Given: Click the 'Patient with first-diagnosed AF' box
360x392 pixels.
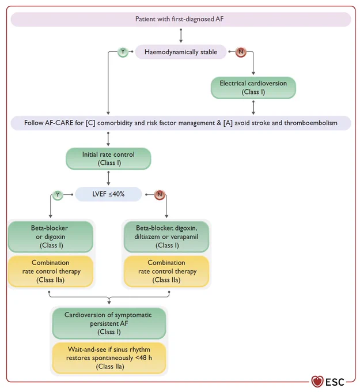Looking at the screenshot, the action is pyautogui.click(x=181, y=19).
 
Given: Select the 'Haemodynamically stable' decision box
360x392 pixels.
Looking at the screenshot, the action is pyautogui.click(x=181, y=52).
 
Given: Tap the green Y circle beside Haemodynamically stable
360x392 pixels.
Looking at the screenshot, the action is pyautogui.click(x=123, y=52).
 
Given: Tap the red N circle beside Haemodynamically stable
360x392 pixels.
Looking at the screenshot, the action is pyautogui.click(x=241, y=52).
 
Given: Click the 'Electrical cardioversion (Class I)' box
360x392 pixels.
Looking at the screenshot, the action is pyautogui.click(x=253, y=88).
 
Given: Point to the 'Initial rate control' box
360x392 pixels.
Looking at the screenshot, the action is pyautogui.click(x=108, y=159).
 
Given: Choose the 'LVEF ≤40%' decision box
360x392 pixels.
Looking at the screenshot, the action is pyautogui.click(x=108, y=194).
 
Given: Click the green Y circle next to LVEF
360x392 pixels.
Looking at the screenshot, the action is pyautogui.click(x=58, y=195).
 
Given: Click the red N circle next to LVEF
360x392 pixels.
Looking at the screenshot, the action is pyautogui.click(x=160, y=194).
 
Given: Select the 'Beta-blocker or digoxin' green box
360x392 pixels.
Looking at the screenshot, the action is pyautogui.click(x=51, y=236).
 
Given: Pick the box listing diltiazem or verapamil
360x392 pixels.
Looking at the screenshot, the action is pyautogui.click(x=166, y=236).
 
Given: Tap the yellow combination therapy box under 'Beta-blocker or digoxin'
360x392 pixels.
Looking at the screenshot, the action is pyautogui.click(x=51, y=272).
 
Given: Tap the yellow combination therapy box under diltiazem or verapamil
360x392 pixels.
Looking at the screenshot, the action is pyautogui.click(x=166, y=272).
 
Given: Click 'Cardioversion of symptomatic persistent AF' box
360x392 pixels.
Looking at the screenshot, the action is pyautogui.click(x=109, y=323).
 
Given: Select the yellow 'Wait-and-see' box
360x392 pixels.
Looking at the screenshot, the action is pyautogui.click(x=109, y=358).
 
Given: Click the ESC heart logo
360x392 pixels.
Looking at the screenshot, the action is pyautogui.click(x=317, y=382).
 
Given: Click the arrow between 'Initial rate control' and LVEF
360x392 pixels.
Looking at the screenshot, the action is pyautogui.click(x=108, y=178).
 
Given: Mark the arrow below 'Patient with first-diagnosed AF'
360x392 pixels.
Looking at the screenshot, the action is pyautogui.click(x=181, y=36).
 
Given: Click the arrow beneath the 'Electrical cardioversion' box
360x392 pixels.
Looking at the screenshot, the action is pyautogui.click(x=253, y=107).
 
